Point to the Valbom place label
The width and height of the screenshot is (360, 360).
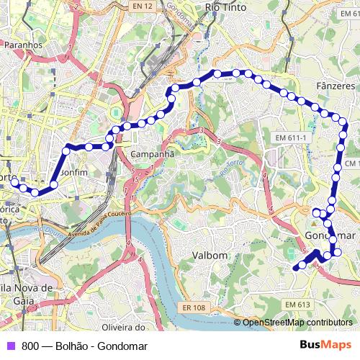tap(210, 255)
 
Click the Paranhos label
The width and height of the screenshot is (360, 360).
tap(24, 44)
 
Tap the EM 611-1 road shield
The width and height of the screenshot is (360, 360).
tap(292, 138)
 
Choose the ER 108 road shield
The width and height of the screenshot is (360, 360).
tap(194, 307)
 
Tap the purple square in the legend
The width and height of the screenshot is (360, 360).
tap(9, 346)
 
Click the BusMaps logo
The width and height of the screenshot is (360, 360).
tap(325, 346)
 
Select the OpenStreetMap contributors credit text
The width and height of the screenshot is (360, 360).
tap(297, 323)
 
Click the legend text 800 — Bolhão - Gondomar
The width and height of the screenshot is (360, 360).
tap(84, 346)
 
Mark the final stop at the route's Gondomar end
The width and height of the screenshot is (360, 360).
tap(295, 268)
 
